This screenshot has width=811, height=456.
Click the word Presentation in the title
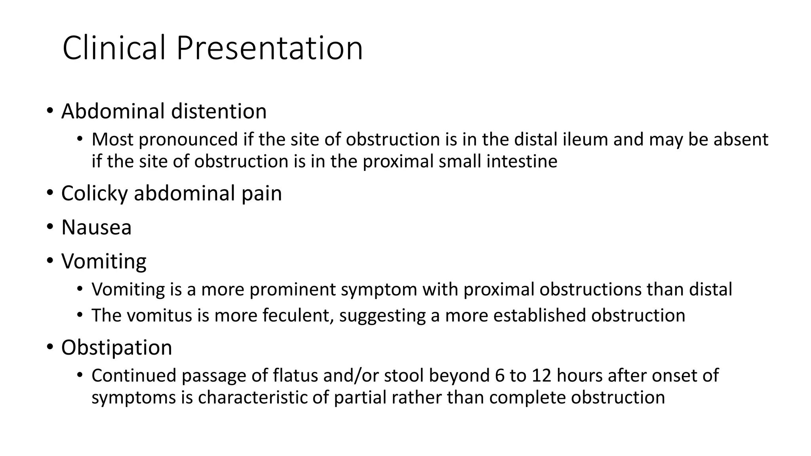269,48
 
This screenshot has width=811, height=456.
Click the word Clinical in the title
114,48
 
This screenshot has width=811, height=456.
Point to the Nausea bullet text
96,228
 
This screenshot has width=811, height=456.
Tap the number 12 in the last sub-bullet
541,375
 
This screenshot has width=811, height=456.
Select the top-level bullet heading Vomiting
104,262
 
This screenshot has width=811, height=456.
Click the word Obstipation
116,348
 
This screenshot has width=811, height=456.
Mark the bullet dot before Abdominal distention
49,111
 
